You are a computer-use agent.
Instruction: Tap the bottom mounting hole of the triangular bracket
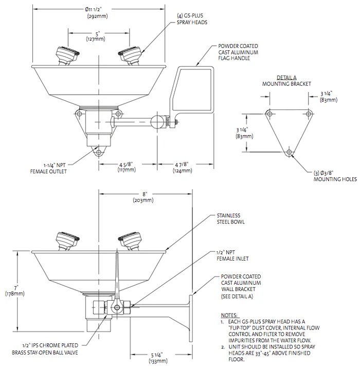click(289, 152)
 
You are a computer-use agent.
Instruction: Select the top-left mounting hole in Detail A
click(268, 113)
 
